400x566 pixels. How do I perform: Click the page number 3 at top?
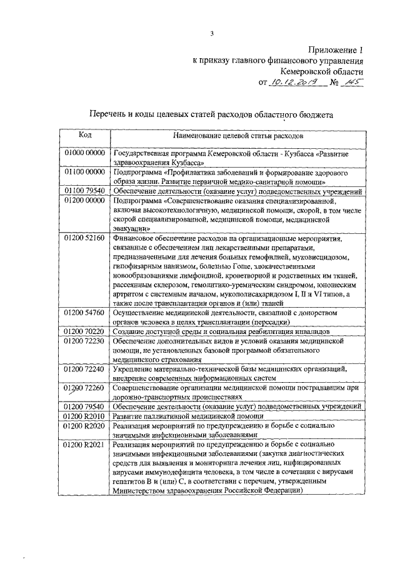pos(212,34)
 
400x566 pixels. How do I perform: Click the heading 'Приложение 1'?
pos(336,49)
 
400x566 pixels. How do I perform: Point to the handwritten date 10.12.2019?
pos(292,83)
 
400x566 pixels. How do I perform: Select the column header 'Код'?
pos(85,134)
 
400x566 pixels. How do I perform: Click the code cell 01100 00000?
pos(85,171)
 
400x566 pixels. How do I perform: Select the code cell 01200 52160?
pos(85,238)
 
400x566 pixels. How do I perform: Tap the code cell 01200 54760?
pos(85,312)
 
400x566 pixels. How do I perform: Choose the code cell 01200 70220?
pos(85,331)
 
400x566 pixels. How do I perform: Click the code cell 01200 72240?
pos(85,370)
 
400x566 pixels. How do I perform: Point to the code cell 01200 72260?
pos(85,388)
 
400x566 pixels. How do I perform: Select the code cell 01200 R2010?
pos(85,416)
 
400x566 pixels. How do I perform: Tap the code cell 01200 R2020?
pos(85,426)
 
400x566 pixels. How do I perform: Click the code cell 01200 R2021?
pos(85,445)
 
